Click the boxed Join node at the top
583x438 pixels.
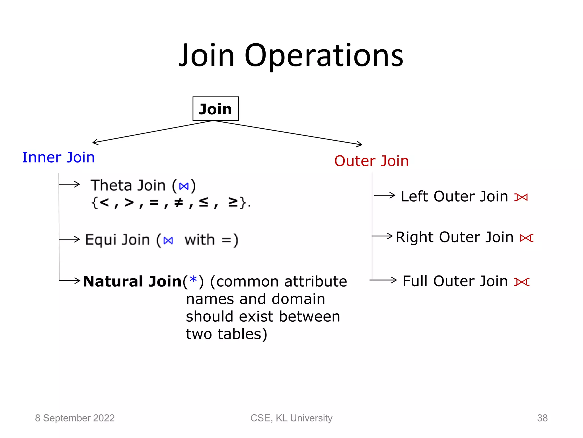coord(215,109)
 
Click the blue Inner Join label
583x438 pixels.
coord(58,157)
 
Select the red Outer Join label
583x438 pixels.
coord(371,161)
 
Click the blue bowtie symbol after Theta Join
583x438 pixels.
coord(184,186)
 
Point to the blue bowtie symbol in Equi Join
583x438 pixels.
coord(168,241)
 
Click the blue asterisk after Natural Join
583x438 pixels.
coord(193,280)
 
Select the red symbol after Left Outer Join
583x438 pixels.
coord(521,197)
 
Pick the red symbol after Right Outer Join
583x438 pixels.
coord(526,238)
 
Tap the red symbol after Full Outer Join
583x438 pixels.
coord(522,282)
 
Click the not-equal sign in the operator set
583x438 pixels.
coord(178,202)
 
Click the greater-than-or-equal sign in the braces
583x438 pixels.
coord(233,202)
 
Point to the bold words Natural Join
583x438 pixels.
coord(132,281)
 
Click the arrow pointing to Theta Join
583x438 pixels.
coord(70,184)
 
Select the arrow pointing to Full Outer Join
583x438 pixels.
coord(384,280)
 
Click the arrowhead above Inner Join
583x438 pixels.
coord(95,142)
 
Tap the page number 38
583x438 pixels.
coord(542,418)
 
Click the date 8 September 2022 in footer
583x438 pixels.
coord(75,418)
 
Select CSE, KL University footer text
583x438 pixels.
coord(291,418)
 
